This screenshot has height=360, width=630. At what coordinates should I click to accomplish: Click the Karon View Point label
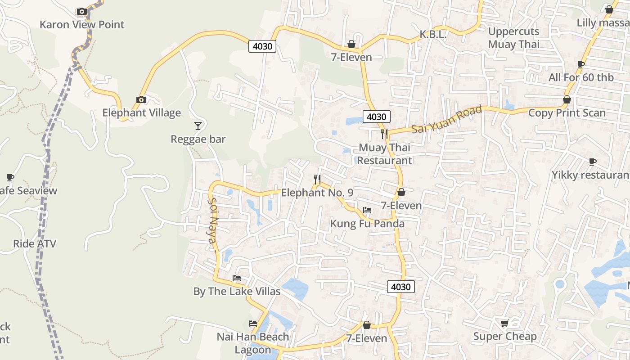(82, 24)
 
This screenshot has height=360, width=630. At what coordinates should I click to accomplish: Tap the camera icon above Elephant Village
(141, 99)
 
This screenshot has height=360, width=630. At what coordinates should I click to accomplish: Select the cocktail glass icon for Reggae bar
(198, 126)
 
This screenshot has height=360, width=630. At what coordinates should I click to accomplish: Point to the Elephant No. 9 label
(317, 193)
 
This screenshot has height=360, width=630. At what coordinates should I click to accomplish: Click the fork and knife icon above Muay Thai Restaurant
(384, 134)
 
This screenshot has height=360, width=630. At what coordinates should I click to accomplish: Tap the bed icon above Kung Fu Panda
(367, 210)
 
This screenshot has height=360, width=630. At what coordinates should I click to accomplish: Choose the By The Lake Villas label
(237, 291)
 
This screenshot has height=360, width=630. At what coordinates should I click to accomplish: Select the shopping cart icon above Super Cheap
(504, 323)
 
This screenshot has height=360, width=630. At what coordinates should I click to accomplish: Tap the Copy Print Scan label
(567, 112)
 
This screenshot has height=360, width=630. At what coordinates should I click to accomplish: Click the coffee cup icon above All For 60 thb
(580, 64)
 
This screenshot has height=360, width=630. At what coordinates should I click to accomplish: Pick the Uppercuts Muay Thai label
(513, 38)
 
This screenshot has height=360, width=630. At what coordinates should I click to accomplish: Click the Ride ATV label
(35, 244)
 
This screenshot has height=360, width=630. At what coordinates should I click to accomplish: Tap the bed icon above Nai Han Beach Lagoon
(253, 323)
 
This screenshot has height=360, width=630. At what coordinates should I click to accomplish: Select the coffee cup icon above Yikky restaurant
(593, 162)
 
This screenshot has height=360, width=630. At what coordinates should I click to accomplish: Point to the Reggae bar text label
(198, 139)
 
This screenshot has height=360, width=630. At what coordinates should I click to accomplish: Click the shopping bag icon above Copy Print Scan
(567, 99)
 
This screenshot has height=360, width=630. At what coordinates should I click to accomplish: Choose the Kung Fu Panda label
(367, 224)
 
